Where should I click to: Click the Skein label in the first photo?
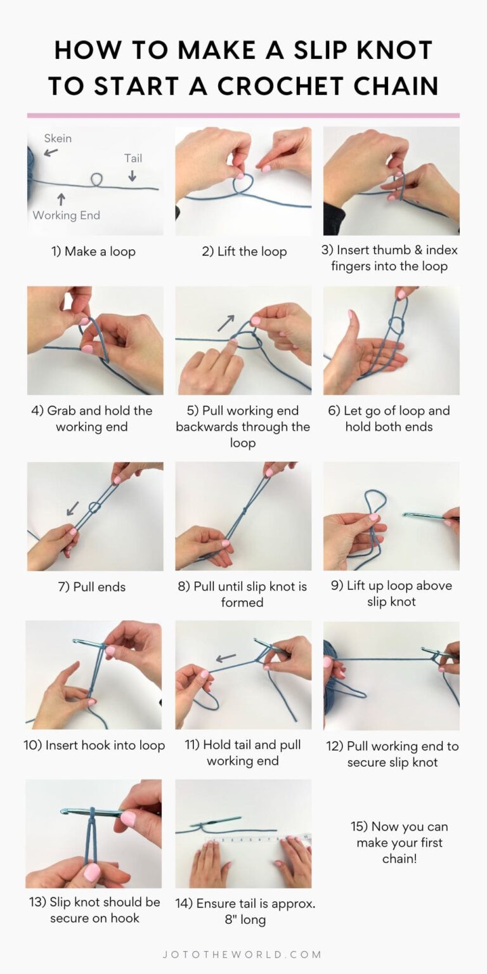(x=58, y=138)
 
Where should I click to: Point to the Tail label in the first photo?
(x=133, y=158)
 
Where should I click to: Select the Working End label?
(x=67, y=215)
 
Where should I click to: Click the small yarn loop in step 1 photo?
(x=97, y=180)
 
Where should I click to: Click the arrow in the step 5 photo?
(x=225, y=322)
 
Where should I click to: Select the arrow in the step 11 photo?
(x=226, y=658)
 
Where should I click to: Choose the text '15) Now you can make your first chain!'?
(x=399, y=842)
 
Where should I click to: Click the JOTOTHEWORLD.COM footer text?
(x=243, y=954)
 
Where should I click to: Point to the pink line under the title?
(x=243, y=115)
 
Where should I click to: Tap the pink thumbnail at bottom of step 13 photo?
(x=93, y=873)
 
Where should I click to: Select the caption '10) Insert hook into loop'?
(x=94, y=745)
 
